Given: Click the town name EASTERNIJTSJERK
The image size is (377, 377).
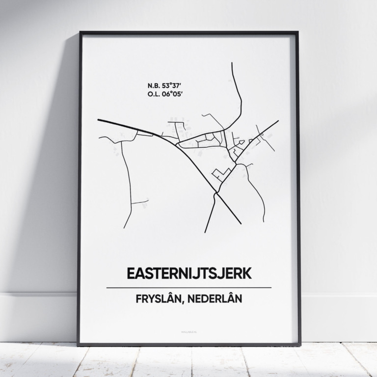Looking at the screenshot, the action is [188, 273].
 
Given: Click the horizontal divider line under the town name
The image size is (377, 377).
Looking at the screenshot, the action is [188, 287].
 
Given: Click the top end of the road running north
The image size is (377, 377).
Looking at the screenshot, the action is [232, 63].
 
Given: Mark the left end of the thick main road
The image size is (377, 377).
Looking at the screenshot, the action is [99, 119].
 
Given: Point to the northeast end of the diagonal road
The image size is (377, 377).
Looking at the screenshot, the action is [278, 121].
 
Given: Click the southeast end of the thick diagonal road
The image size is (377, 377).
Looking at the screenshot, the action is [241, 223].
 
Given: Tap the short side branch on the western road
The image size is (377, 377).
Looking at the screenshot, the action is [140, 201].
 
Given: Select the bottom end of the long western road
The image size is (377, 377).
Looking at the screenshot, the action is [124, 228].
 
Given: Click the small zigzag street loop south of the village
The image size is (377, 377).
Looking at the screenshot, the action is [221, 173].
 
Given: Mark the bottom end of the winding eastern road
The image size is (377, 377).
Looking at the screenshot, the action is [264, 221].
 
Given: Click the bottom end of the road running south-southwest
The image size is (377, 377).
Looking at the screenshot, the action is [205, 232].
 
